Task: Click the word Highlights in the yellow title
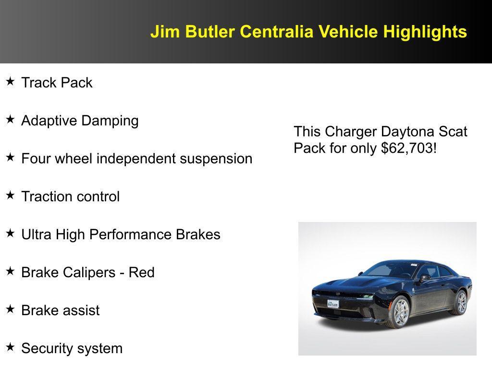tap(425, 32)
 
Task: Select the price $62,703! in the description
tap(408, 148)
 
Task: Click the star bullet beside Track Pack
tap(11, 82)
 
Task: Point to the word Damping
tap(110, 121)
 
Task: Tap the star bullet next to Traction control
tap(11, 196)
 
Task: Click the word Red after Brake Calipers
tap(142, 272)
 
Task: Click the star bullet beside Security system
tap(11, 347)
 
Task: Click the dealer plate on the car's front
tap(333, 304)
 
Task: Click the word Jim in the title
tap(165, 31)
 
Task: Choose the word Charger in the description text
tap(351, 132)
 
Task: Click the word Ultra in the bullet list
tap(36, 234)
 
